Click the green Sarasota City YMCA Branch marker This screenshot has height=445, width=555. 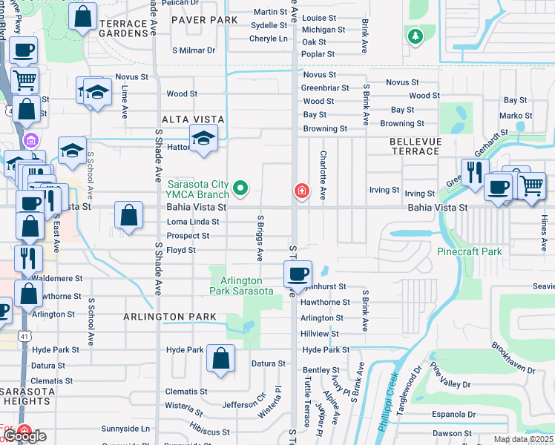click(x=240, y=190)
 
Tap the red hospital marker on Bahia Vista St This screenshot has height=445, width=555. click(x=301, y=191)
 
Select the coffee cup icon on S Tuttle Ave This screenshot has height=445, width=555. click(x=298, y=274)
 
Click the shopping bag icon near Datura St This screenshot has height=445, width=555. click(x=221, y=359)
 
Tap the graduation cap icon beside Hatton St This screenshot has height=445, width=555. click(x=203, y=138)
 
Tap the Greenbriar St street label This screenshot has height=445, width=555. click(x=325, y=88)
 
